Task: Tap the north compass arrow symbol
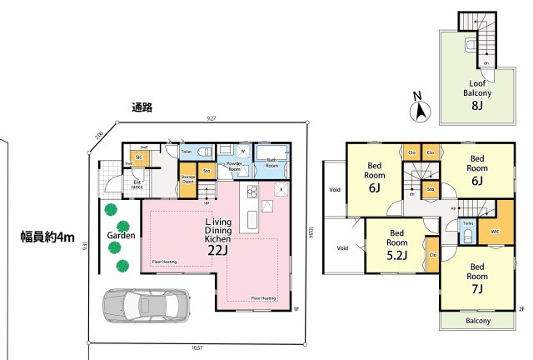pyautogui.click(x=421, y=109)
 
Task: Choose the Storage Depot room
pyautogui.click(x=188, y=181)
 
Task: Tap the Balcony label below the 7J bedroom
pyautogui.click(x=477, y=321)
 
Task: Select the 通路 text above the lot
pyautogui.click(x=142, y=107)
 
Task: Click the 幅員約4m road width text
pyautogui.click(x=47, y=237)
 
